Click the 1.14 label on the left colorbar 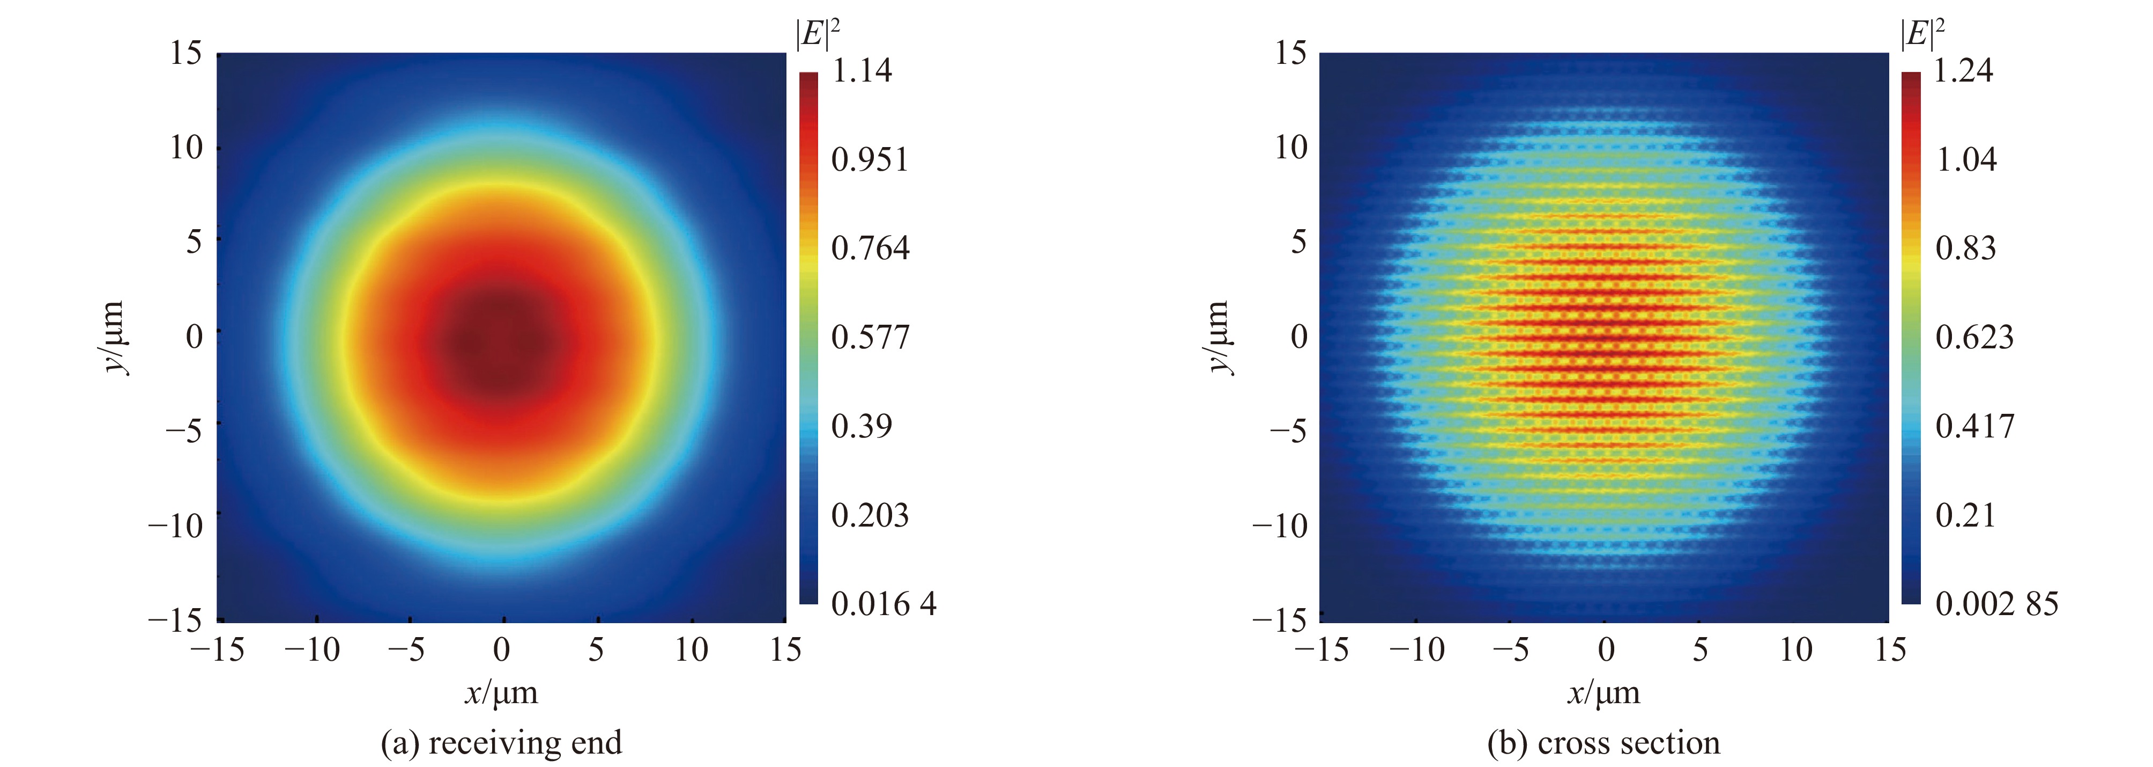(862, 70)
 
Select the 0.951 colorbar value (869, 159)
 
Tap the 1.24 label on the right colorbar (1963, 70)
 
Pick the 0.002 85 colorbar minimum (1996, 604)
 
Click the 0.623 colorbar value (1974, 337)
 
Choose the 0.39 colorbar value (862, 426)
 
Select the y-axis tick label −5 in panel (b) (1287, 432)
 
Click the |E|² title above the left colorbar (818, 33)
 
